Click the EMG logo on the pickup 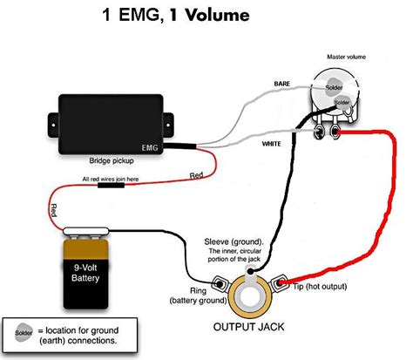pos(150,147)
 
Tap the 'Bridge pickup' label pos(112,160)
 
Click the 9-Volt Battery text pos(85,273)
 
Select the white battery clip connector pos(85,231)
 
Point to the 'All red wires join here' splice pos(111,185)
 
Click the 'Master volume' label pos(346,57)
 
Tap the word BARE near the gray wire pos(282,84)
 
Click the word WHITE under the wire pos(271,144)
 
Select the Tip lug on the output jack pos(280,282)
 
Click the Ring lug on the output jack pos(220,282)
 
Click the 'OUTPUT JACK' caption pos(248,327)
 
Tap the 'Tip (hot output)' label pos(320,287)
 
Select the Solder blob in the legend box pos(24,332)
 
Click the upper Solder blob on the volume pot pos(334,86)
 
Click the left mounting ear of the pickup pos(53,125)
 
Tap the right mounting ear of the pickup pos(168,125)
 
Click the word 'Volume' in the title pos(217,15)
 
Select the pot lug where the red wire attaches pos(335,132)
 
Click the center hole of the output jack pos(249,297)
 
